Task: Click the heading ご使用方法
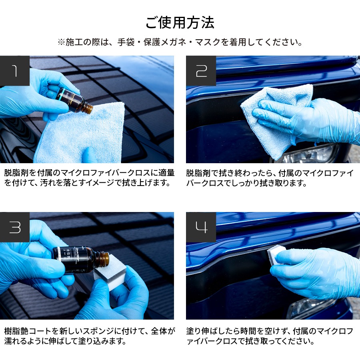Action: coord(180,22)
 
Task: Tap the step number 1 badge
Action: coord(15,71)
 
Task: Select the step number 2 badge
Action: coord(201,71)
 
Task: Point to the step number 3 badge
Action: coord(15,227)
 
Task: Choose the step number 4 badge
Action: coord(201,227)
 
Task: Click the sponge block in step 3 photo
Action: coord(110,275)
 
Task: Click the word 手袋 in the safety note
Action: coord(126,42)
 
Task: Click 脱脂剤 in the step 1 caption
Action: coord(16,173)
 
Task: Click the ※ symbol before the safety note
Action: coord(61,42)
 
